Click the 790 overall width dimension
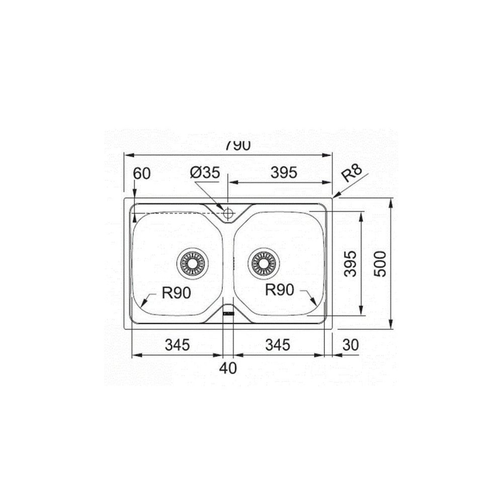(237, 146)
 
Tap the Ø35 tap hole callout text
(205, 173)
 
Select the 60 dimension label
(141, 174)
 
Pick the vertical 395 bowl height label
(350, 264)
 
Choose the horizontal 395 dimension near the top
(284, 173)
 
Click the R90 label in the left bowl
(176, 293)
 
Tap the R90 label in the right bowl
(279, 290)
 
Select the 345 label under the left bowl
(178, 345)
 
